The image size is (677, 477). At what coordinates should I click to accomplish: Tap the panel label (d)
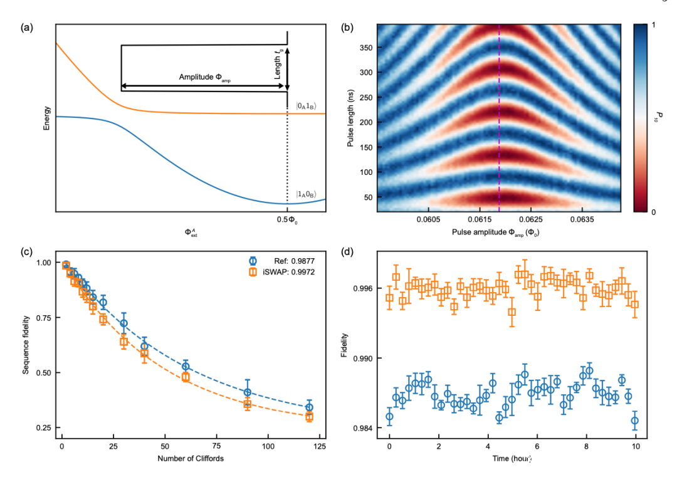point(347,253)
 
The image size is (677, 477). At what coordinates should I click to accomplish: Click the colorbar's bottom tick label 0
point(654,212)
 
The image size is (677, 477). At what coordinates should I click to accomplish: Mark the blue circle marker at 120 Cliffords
point(309,407)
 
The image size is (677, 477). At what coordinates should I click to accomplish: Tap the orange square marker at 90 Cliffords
point(248,404)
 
